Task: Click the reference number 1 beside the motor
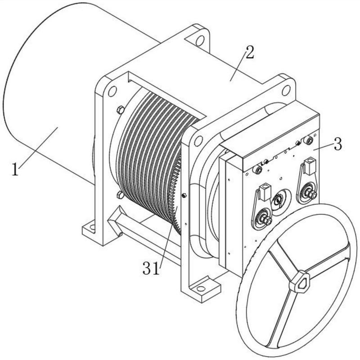point(15,169)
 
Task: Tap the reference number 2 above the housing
point(249,52)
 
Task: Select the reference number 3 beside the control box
point(337,144)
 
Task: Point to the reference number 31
point(151,268)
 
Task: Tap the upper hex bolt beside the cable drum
point(120,110)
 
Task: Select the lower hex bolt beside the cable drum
point(120,195)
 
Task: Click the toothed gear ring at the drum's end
point(176,195)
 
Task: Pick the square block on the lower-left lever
point(265,191)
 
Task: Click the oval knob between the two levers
point(279,200)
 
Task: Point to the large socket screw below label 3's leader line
point(309,140)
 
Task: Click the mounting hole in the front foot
point(200,288)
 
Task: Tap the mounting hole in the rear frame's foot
point(92,227)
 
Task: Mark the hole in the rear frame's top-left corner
point(112,91)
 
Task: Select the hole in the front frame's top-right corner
point(286,90)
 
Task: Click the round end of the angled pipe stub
point(120,234)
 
